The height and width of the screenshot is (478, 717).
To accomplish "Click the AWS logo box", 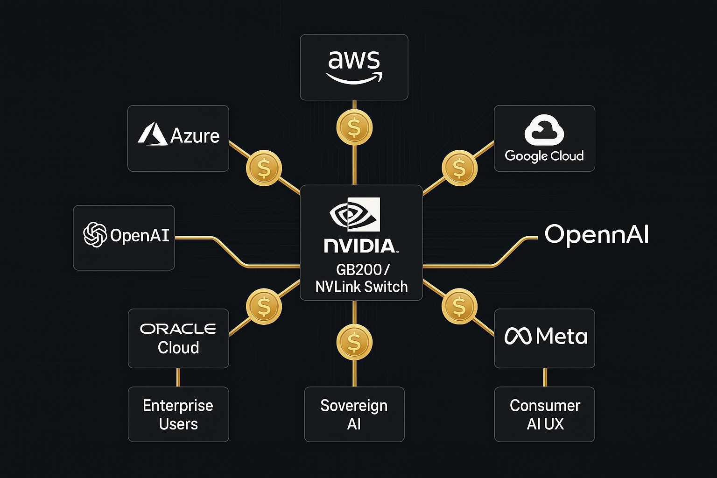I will coord(354,67).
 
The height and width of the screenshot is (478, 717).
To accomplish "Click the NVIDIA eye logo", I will coord(355,215).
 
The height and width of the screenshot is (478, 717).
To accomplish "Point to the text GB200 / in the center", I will coord(362,270).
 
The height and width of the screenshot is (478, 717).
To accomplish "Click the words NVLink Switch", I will coord(361,287).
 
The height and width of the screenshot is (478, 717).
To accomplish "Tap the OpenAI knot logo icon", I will coord(95,234).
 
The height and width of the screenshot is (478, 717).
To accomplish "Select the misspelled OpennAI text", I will coord(597,234).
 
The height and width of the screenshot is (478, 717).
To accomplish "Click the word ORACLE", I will coord(178,329).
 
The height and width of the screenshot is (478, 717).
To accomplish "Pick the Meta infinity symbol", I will coord(518,336).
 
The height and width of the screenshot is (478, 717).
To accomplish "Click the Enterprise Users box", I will coord(178,414).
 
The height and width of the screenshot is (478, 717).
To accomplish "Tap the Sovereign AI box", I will coord(354,414).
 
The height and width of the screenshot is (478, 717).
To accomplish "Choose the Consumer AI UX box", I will coord(544,414).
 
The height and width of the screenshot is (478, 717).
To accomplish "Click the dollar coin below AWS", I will coord(354,128).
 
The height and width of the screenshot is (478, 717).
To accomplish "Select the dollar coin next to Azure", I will coord(264,168).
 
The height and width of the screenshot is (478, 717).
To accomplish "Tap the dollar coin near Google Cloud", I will coord(459,168).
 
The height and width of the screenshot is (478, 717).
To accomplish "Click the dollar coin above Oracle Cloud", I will coord(264,306).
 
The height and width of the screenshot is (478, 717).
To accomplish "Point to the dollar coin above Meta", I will coord(459,306).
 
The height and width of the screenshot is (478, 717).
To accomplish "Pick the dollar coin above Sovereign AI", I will coord(354,343).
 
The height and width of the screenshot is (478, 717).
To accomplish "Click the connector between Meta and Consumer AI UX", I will coord(545,377).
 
